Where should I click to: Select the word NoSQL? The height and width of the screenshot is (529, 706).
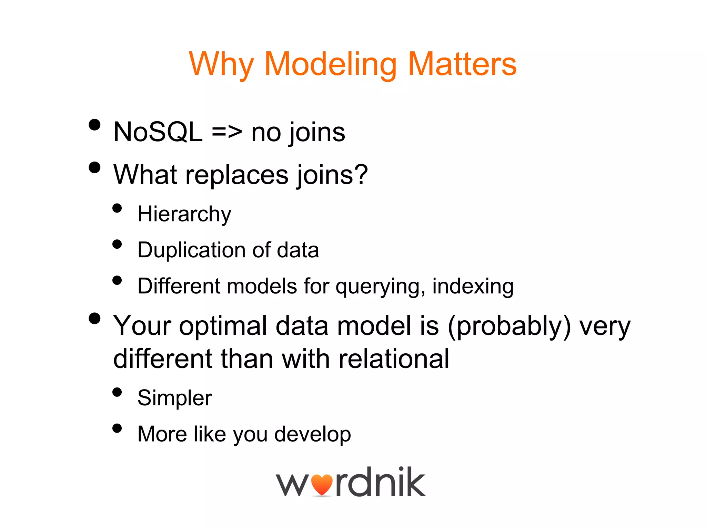[x=158, y=132]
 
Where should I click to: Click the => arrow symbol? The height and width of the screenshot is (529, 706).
[x=227, y=133]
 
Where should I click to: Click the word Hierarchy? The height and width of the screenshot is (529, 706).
[x=184, y=215]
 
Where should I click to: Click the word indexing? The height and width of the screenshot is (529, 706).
[x=473, y=287]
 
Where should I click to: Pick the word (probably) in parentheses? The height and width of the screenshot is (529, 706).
[x=509, y=326]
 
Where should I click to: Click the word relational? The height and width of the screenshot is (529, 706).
[x=394, y=359]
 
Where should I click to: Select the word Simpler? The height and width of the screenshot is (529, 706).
[x=174, y=398]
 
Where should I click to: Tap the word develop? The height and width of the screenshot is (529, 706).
[x=312, y=435]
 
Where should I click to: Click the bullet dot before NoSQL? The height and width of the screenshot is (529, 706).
[x=94, y=125]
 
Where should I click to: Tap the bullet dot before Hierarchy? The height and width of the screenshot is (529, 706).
[x=117, y=208]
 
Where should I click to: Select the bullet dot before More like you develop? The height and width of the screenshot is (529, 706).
[x=117, y=428]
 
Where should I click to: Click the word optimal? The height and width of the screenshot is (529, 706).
[x=223, y=326]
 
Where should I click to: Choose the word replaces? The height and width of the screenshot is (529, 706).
[x=237, y=175]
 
